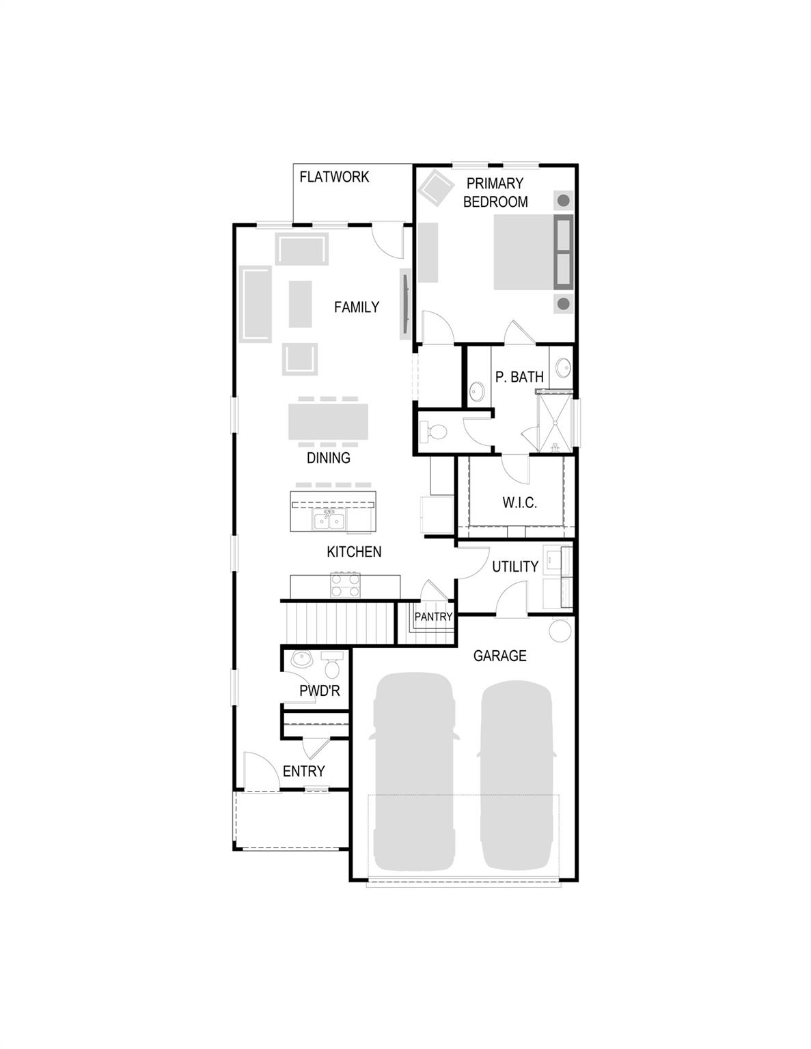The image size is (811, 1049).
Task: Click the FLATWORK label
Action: click(334, 177)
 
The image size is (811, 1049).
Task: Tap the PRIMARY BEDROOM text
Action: click(495, 193)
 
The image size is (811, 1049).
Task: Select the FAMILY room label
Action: click(356, 307)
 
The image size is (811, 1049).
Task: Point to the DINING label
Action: click(328, 458)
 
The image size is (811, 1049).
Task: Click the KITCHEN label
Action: click(354, 552)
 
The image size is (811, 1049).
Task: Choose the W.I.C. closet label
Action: click(519, 503)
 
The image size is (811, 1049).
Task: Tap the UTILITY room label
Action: click(515, 567)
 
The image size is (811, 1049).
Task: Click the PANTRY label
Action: click(433, 617)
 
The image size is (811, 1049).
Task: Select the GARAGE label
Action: click(499, 656)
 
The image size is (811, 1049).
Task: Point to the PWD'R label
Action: click(319, 691)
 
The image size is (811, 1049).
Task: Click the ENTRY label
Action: click(303, 771)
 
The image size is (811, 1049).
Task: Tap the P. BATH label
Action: click(519, 377)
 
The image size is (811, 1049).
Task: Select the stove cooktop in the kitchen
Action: click(345, 585)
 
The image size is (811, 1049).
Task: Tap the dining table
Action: click(328, 422)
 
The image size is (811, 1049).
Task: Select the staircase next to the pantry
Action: click(340, 623)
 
